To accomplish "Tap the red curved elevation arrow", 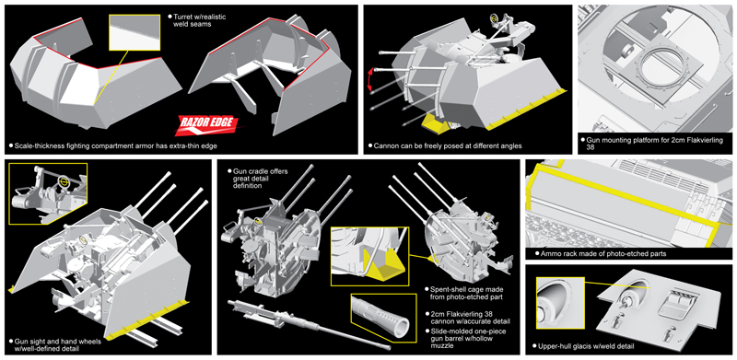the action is click(370, 79).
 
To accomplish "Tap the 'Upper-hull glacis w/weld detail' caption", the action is click(583, 346).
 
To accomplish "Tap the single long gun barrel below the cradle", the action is click(308, 324).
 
